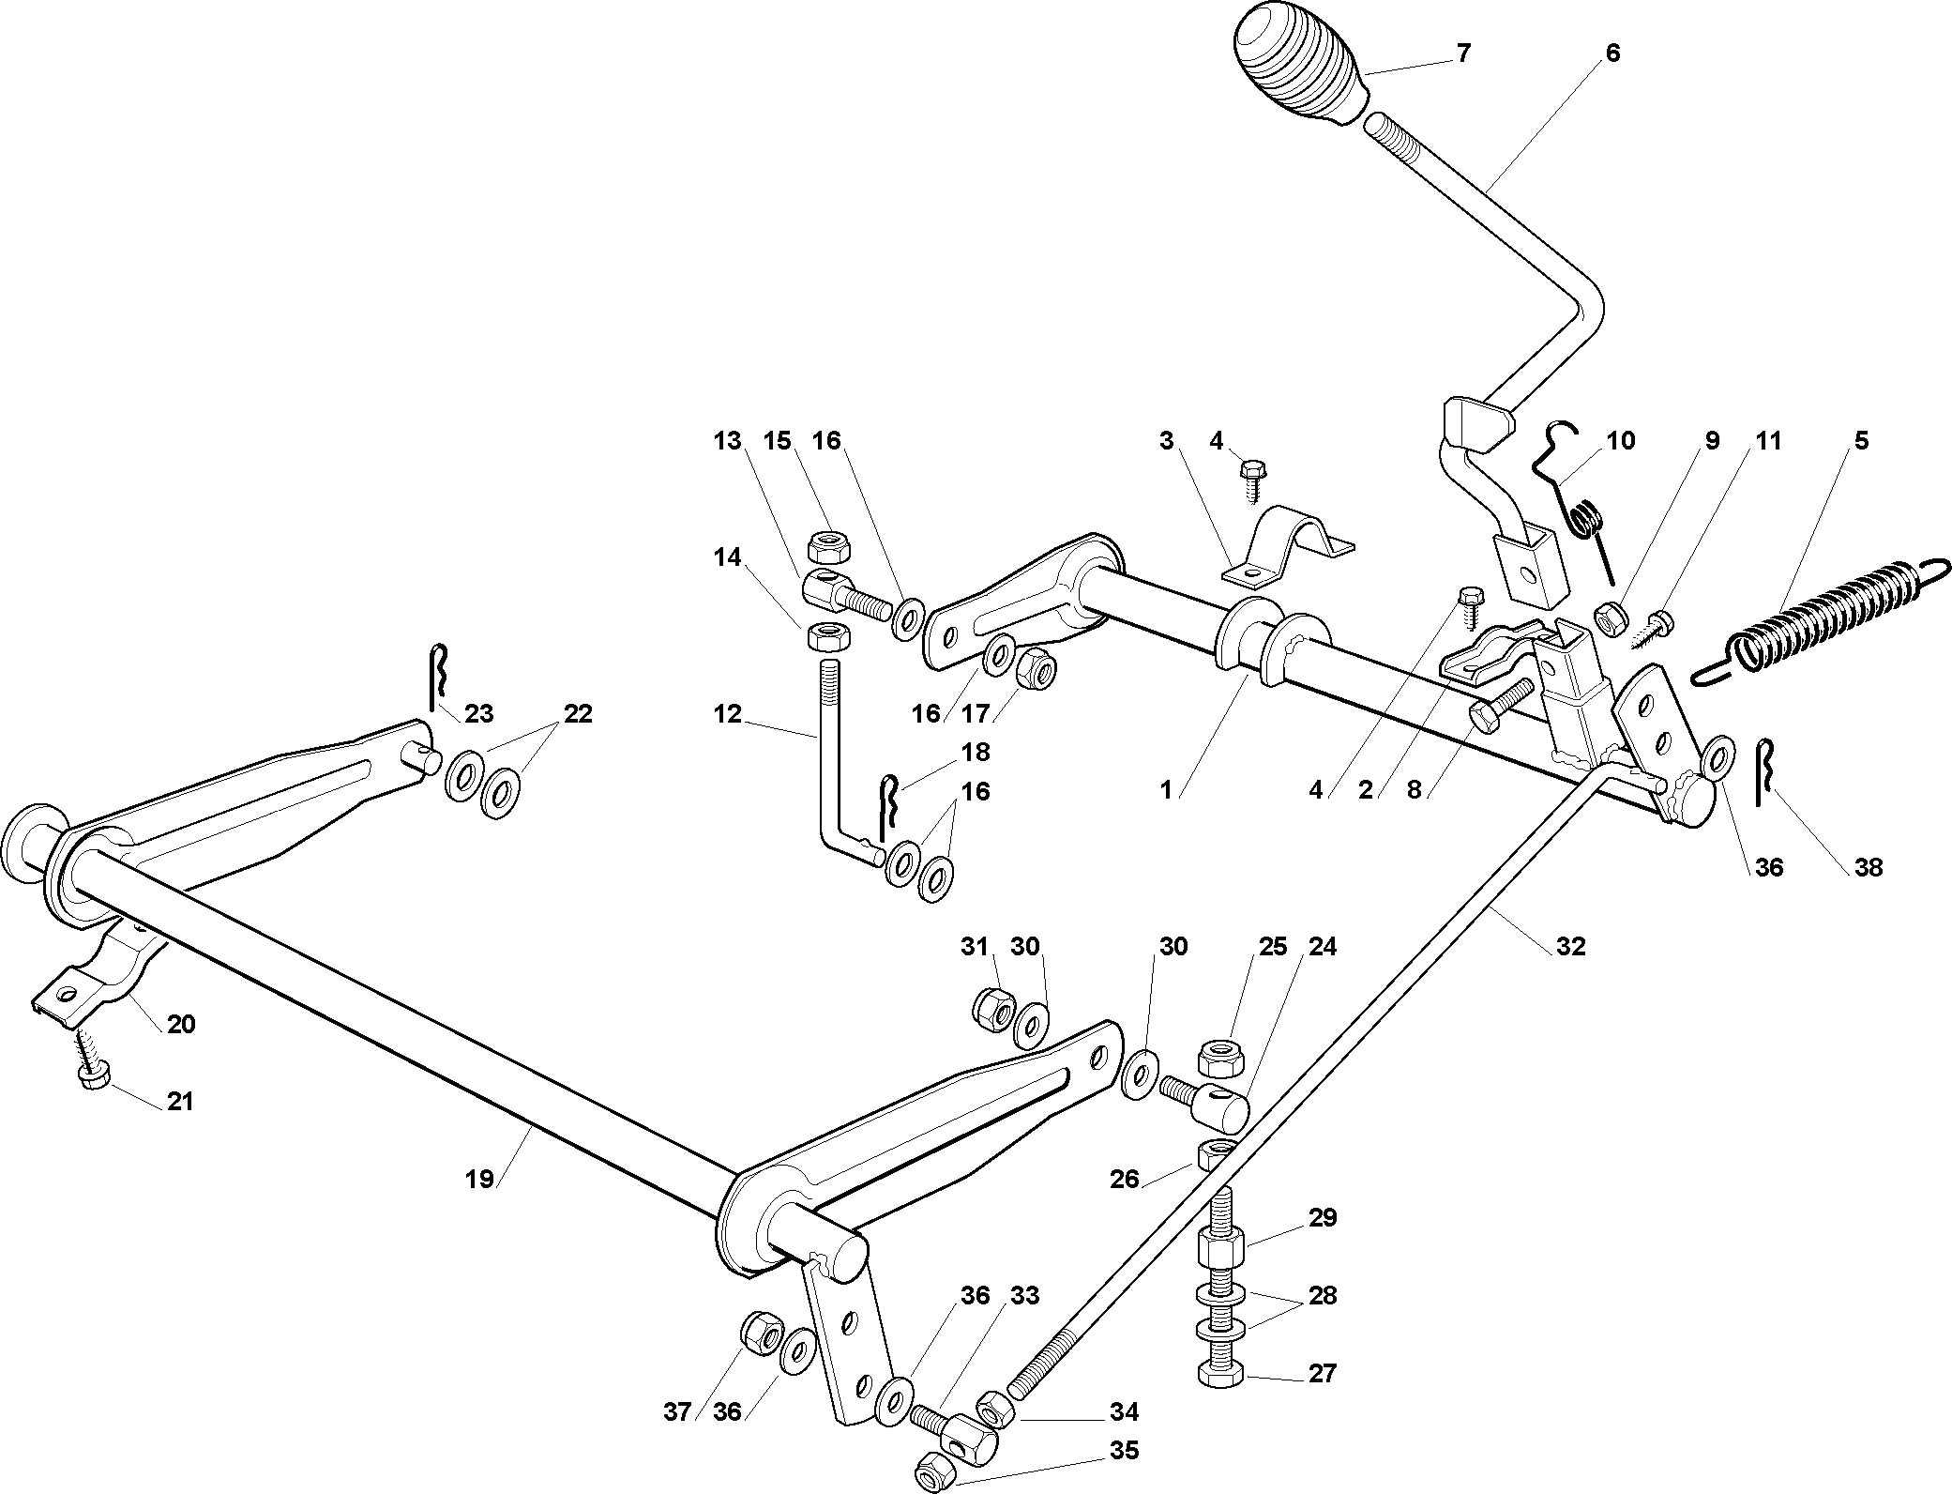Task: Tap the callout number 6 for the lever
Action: tap(1612, 53)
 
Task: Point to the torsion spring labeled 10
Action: tap(1581, 507)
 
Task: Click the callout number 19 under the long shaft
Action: tap(479, 1179)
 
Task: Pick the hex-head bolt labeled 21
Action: tap(93, 1075)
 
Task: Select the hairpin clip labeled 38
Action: tap(1763, 770)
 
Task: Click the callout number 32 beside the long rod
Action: tap(1570, 947)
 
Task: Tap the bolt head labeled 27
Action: tap(1220, 1375)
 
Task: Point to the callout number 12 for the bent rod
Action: tap(726, 715)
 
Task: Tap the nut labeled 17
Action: tap(1036, 668)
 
